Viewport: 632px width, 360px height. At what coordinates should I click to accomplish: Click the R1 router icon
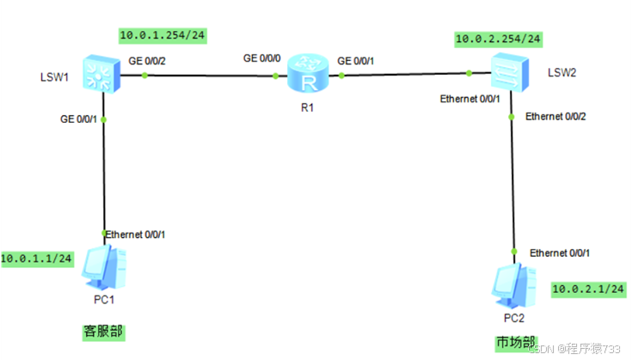pos(308,74)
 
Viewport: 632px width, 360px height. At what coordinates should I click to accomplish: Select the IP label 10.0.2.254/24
pos(499,39)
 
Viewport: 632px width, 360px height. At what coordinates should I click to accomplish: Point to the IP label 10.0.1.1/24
pos(36,257)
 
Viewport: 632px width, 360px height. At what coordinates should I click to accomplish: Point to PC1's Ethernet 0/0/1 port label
pos(135,234)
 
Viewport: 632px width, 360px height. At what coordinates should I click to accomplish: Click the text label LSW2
pos(561,70)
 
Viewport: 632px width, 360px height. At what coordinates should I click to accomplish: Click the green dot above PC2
pos(514,252)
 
